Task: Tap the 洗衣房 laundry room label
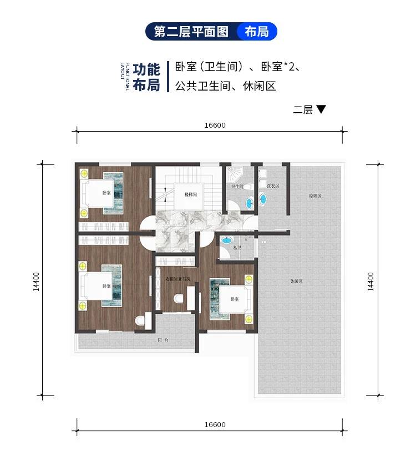[272, 186]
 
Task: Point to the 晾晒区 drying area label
[316, 196]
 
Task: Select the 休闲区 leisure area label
[296, 282]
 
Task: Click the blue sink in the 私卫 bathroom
[226, 240]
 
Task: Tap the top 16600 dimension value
[215, 125]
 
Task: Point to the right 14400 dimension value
[371, 280]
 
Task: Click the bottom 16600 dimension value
[215, 424]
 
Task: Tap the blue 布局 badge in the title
[256, 32]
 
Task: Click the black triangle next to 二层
[321, 110]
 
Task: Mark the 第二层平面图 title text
[191, 32]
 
